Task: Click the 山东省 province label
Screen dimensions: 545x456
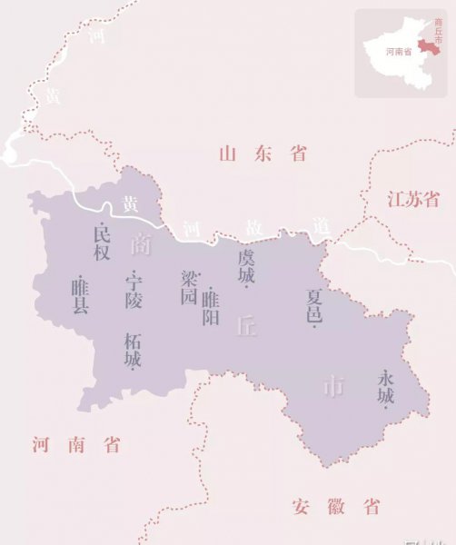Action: (263, 154)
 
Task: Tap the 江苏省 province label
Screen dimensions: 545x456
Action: (412, 199)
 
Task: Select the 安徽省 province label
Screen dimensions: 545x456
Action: (336, 506)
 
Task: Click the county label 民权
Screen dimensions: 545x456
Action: (102, 242)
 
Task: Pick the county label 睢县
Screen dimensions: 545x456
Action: (80, 296)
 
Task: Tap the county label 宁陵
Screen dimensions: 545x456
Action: (134, 289)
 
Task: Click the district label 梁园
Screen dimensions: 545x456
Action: (189, 286)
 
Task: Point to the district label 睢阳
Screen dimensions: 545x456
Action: (211, 307)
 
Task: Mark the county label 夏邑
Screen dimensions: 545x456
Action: (314, 307)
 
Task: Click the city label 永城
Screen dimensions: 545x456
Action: (386, 387)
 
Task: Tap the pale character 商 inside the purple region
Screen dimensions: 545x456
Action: (140, 244)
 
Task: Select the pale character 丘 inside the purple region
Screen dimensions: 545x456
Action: (246, 326)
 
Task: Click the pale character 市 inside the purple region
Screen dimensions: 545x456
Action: (333, 386)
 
